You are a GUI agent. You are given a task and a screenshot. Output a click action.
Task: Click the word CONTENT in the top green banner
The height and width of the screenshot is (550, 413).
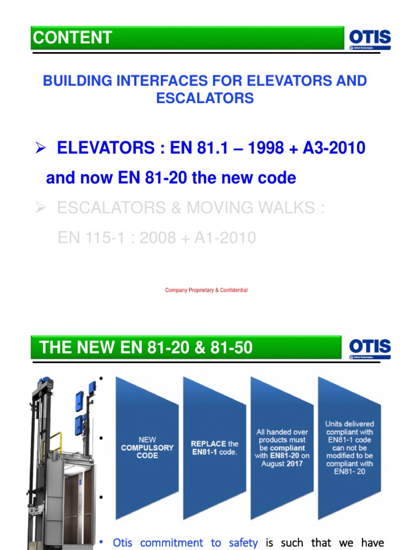pos(73,38)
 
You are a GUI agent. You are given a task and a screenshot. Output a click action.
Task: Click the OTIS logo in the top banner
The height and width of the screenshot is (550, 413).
pos(369,37)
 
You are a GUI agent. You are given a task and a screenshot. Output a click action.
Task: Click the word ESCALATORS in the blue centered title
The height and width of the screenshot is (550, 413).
pos(205,98)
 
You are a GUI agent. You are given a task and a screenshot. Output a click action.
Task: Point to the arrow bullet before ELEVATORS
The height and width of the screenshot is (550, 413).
pos(40,149)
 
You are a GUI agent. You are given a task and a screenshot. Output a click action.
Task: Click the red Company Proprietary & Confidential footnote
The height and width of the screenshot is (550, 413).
pos(206,290)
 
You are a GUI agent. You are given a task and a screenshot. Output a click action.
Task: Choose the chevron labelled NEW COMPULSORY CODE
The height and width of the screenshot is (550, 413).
pos(147,447)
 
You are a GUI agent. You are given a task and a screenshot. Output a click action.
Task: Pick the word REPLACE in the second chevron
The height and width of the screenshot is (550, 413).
pos(209,444)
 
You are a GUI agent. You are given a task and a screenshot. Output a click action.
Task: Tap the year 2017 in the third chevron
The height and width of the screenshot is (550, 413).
pos(294,464)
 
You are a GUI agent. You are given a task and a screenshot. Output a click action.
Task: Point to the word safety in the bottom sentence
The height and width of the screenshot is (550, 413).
pos(243,542)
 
